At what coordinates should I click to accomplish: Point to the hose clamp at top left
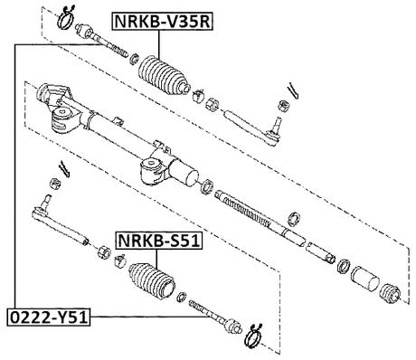[67, 16]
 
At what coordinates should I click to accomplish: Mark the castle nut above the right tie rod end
[280, 108]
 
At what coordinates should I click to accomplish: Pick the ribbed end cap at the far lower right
[392, 295]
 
